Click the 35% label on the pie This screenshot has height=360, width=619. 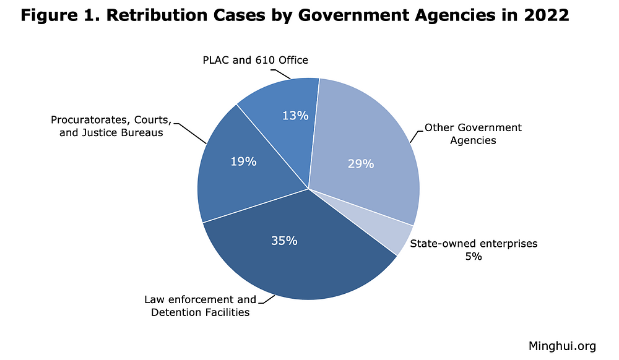click(284, 241)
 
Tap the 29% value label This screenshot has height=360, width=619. click(361, 164)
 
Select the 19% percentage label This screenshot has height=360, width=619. click(243, 161)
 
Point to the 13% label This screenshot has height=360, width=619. click(295, 115)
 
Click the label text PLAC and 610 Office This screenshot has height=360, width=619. click(255, 60)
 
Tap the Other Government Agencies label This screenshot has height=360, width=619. click(472, 134)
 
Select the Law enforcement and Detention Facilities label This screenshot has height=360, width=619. click(200, 306)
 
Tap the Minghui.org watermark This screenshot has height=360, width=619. click(562, 346)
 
